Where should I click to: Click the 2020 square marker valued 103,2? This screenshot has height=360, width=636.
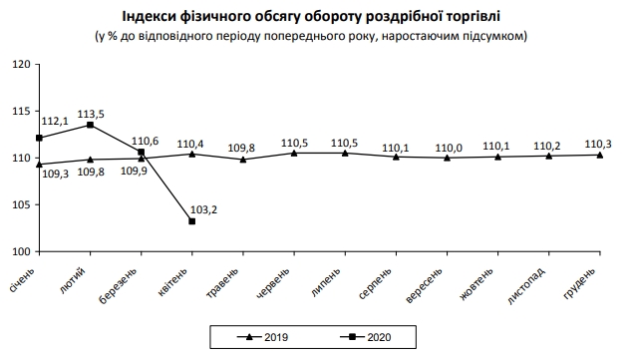(x=191, y=220)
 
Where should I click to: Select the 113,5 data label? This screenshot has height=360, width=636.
(x=103, y=114)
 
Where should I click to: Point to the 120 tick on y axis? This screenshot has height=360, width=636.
(x=21, y=64)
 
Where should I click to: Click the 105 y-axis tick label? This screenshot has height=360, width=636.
(x=21, y=204)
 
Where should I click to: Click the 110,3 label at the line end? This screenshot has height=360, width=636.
(x=599, y=143)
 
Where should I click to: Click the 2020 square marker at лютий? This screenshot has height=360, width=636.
(x=90, y=125)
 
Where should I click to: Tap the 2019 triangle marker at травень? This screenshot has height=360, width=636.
(x=242, y=160)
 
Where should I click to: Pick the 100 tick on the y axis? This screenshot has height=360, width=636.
(x=21, y=252)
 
